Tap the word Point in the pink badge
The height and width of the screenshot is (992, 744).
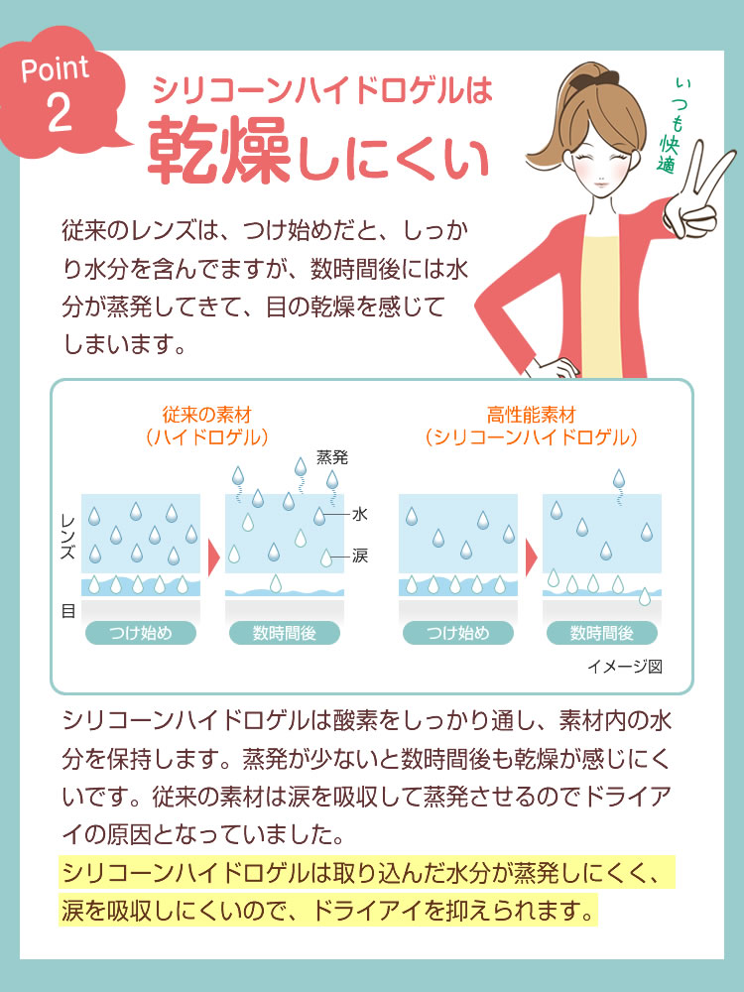(x=55, y=68)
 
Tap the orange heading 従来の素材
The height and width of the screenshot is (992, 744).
(x=207, y=415)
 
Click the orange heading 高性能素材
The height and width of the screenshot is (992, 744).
(x=532, y=415)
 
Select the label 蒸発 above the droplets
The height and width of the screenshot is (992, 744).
(x=332, y=456)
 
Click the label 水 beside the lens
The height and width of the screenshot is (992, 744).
(x=359, y=514)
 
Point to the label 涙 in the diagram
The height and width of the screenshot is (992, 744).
(x=359, y=557)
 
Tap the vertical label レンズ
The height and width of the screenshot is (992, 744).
(x=67, y=537)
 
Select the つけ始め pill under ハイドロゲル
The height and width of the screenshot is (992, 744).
(x=141, y=633)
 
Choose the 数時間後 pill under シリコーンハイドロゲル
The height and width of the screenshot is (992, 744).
(x=602, y=633)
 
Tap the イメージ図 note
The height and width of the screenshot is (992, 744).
(x=624, y=667)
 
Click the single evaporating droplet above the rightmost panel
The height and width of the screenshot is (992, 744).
(x=619, y=479)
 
